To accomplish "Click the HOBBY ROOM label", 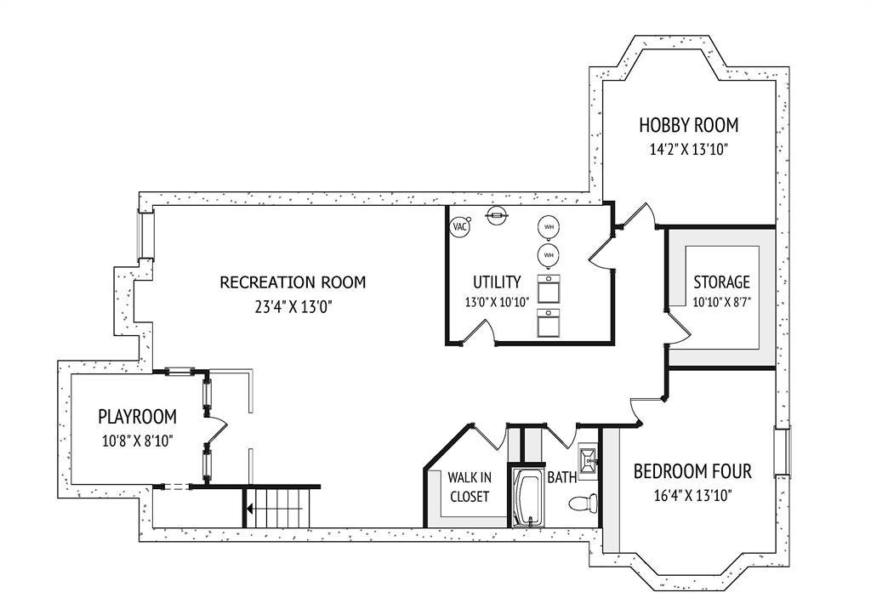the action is click(689, 125).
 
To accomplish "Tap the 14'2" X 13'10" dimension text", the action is click(689, 150).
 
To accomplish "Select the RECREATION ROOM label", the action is click(293, 282).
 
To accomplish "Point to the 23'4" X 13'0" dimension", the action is click(293, 307).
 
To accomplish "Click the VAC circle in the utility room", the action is click(460, 226).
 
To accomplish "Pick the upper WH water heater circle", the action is click(549, 226).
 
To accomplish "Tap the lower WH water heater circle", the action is click(549, 255).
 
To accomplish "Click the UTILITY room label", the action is click(497, 282).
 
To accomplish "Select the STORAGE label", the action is click(721, 282).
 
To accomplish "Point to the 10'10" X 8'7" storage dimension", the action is click(721, 303).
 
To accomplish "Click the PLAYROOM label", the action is click(137, 416).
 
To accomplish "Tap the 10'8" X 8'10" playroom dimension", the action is click(137, 441).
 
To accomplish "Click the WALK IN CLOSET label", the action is click(470, 487).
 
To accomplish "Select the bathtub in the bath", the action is click(526, 498).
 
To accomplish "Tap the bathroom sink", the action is click(588, 458).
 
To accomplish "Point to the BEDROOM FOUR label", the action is click(692, 471).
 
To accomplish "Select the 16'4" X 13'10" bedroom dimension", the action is click(692, 496).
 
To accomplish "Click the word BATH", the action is click(561, 477).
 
